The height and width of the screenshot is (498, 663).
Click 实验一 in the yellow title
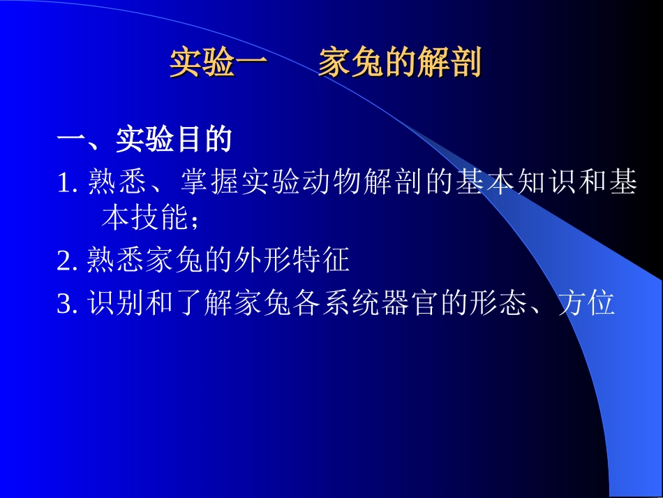pyautogui.click(x=218, y=64)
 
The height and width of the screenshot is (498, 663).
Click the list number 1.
pyautogui.click(x=66, y=184)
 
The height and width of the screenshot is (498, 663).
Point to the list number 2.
pyautogui.click(x=66, y=262)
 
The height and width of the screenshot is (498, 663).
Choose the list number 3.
pyautogui.click(x=66, y=305)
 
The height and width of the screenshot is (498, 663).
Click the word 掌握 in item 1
pyautogui.click(x=211, y=183)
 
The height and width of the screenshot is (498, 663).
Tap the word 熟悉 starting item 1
pyautogui.click(x=119, y=183)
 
